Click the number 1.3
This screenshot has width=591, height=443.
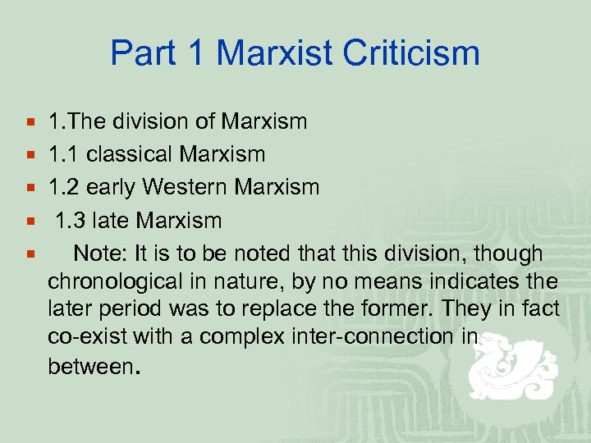click(71, 220)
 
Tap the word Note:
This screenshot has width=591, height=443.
click(97, 253)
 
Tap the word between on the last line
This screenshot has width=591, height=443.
click(89, 366)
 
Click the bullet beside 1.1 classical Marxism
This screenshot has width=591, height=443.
click(30, 154)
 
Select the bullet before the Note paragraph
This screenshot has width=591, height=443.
click(30, 253)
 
